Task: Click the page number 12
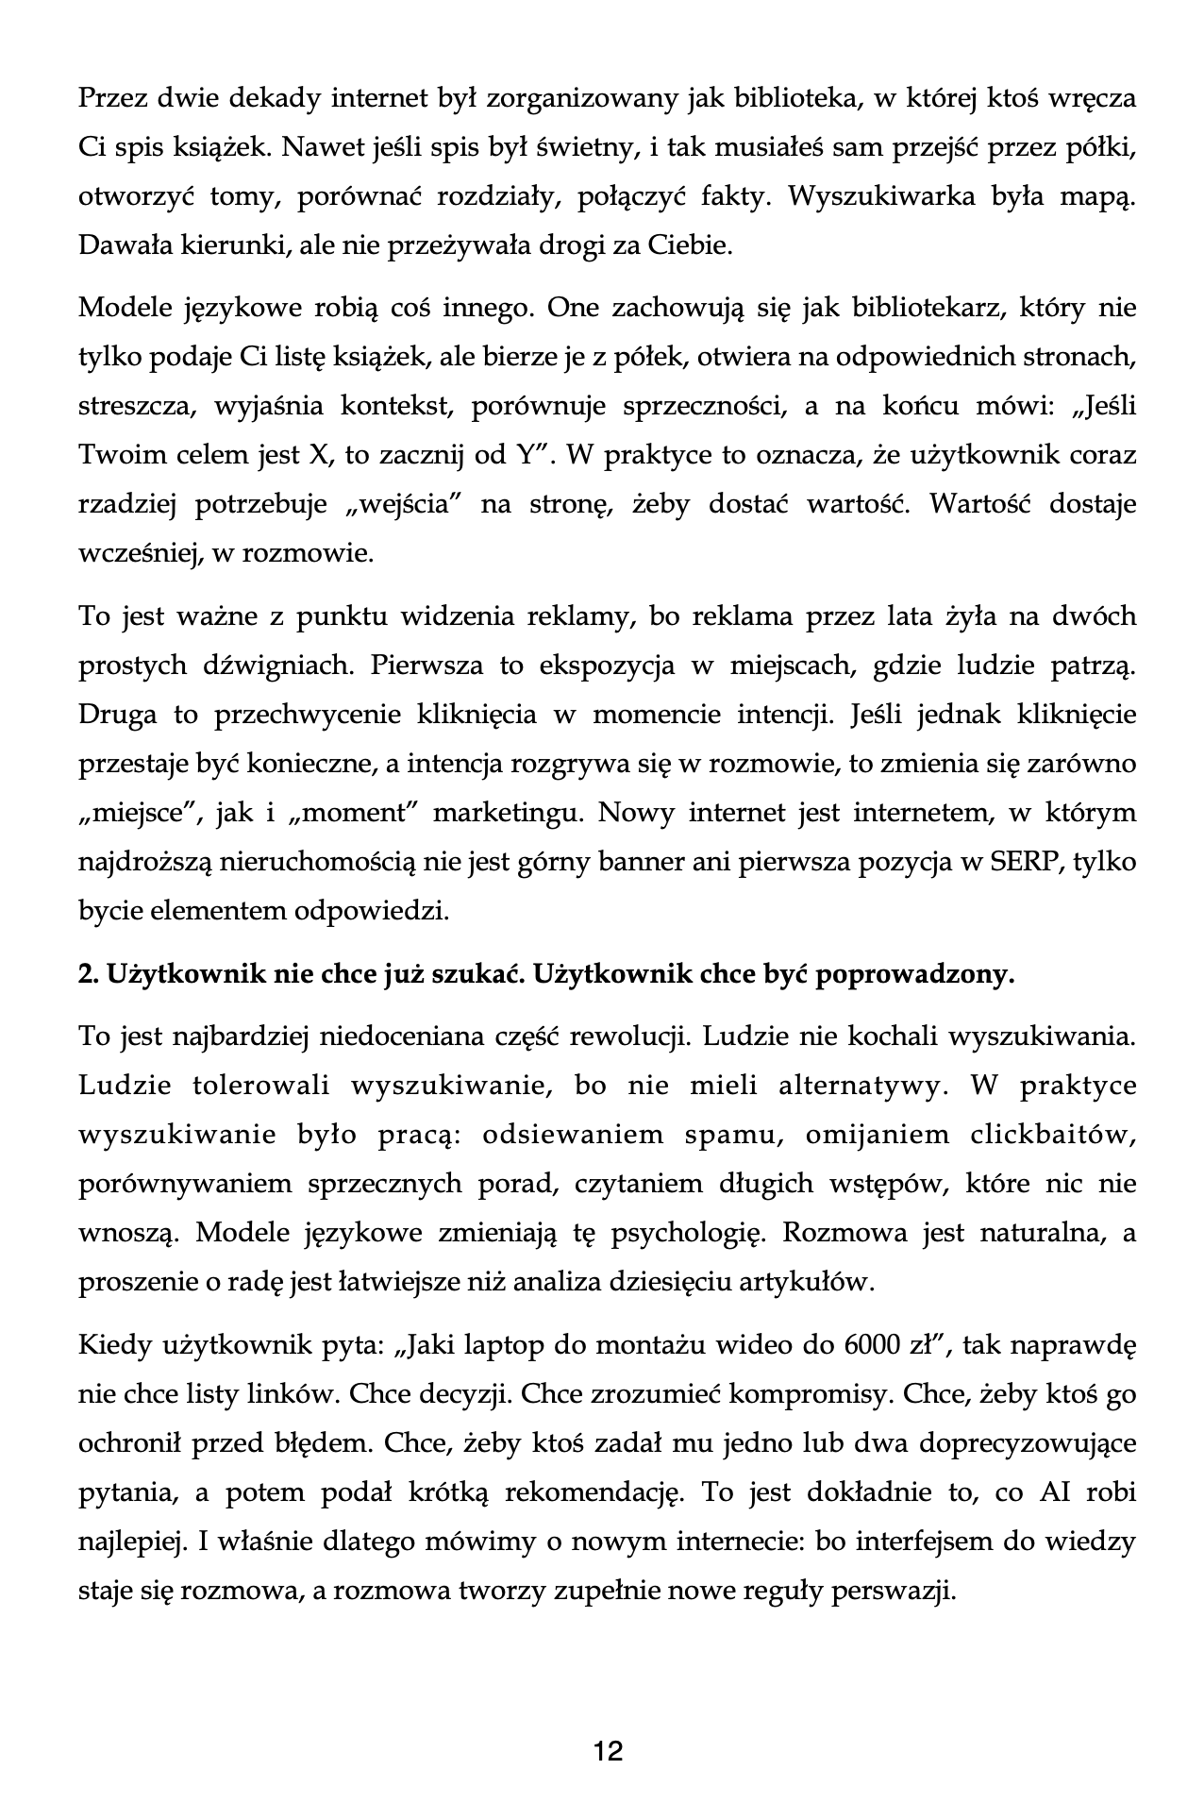609,1751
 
